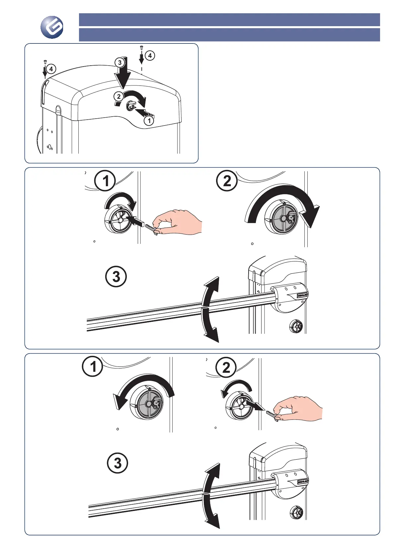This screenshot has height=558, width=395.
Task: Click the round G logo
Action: click(x=52, y=28)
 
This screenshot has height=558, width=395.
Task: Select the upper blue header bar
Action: click(x=229, y=20)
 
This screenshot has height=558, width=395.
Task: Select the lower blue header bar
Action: click(x=229, y=34)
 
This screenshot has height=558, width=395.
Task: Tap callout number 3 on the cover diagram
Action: click(x=120, y=62)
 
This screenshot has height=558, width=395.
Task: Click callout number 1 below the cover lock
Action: click(x=149, y=121)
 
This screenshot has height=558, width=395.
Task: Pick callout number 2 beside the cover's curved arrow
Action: click(x=118, y=96)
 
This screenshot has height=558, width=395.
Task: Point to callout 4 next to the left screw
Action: click(x=51, y=69)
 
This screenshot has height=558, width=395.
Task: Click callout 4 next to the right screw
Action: click(x=150, y=55)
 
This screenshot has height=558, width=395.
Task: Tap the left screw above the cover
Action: click(x=45, y=61)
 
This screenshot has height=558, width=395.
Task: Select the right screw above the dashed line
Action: click(x=141, y=48)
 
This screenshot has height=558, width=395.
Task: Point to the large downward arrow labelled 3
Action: click(x=123, y=77)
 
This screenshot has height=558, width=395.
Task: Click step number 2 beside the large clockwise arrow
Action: click(x=227, y=181)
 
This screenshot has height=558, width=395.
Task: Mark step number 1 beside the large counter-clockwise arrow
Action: click(x=93, y=366)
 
